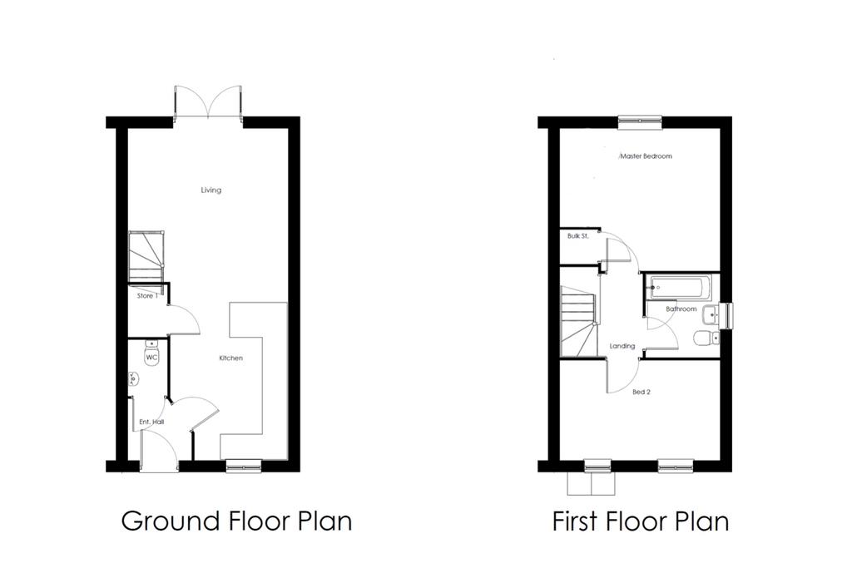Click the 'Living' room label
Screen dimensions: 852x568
pos(211,190)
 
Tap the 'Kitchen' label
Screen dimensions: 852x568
pos(231,358)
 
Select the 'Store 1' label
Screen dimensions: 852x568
pos(147,296)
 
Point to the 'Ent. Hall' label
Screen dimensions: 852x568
pos(151,422)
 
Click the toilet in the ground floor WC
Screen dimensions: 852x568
pos(151,353)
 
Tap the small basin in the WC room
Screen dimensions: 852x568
pos(133,379)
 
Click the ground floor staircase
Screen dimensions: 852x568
pos(146,257)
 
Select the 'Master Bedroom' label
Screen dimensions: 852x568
pos(646,156)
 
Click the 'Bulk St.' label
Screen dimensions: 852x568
pos(578,236)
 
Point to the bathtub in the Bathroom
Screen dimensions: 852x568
pos(680,288)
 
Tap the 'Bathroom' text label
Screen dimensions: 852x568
pos(681,309)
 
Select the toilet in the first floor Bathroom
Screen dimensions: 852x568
pos(707,338)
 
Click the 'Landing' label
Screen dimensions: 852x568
pos(622,346)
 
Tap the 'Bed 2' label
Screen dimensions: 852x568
pos(641,392)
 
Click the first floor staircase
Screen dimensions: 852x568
pos(579,322)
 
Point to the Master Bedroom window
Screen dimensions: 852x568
pos(640,122)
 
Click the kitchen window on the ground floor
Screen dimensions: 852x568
pos(244,466)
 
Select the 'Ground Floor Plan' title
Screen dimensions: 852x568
pos(236,521)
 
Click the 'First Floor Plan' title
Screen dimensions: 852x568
pos(641,521)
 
